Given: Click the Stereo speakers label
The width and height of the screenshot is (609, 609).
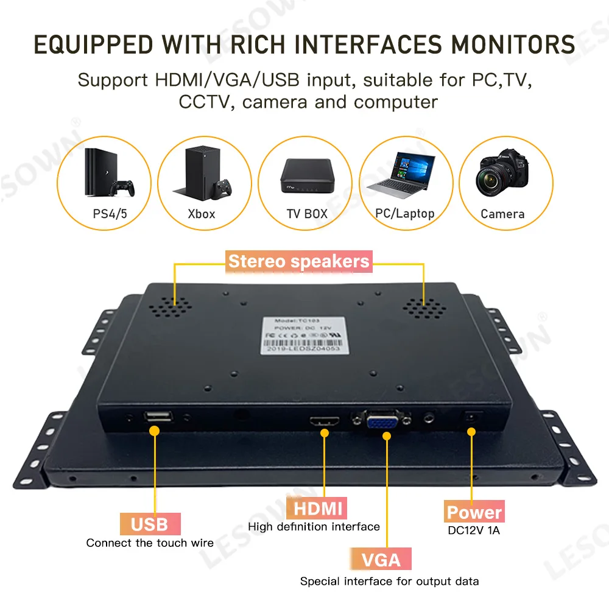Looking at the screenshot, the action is pyautogui.click(x=298, y=262).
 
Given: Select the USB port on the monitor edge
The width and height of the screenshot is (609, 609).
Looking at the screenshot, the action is pyautogui.click(x=158, y=416).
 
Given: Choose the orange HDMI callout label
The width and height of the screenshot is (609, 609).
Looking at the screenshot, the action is pyautogui.click(x=318, y=508).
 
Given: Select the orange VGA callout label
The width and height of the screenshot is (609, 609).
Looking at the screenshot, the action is pyautogui.click(x=381, y=559).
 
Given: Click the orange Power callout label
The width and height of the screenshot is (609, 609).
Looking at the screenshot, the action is pyautogui.click(x=474, y=512).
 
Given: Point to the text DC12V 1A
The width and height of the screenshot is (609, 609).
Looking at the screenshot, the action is pyautogui.click(x=474, y=530).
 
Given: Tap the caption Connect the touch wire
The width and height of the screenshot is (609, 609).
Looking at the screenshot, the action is pyautogui.click(x=150, y=543).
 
